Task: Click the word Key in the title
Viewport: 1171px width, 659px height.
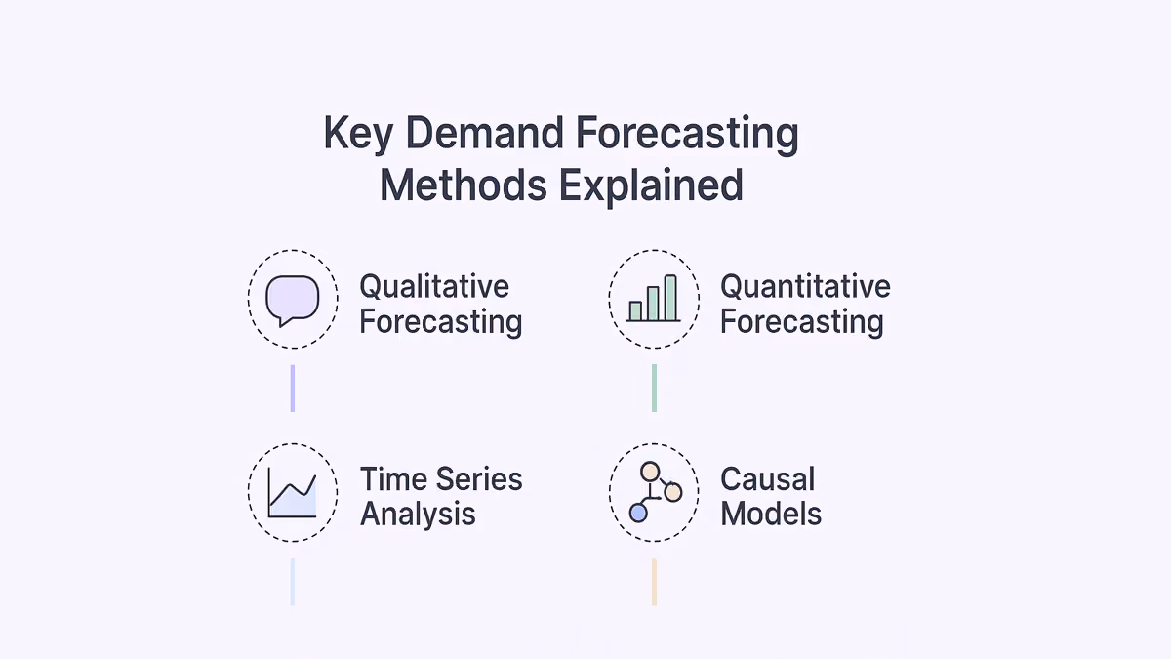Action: (x=358, y=134)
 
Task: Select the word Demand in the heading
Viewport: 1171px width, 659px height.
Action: (x=485, y=133)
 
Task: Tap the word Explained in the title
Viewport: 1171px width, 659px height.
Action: (x=651, y=186)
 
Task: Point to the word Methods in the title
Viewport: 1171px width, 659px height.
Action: (x=464, y=185)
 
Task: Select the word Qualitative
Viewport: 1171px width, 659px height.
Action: (x=434, y=288)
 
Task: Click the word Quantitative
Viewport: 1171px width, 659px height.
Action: (x=805, y=288)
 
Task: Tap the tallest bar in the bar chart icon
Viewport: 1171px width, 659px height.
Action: (x=670, y=298)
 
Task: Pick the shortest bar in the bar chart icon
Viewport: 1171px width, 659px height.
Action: (x=635, y=310)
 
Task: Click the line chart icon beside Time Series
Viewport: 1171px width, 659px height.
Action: (x=292, y=493)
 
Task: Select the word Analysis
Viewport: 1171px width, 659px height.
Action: (x=418, y=514)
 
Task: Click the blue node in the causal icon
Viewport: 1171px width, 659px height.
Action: (x=638, y=514)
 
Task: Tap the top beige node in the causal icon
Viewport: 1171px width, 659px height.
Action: (x=650, y=472)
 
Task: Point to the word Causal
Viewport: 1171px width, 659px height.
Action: (x=767, y=479)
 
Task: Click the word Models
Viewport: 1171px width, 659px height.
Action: (x=771, y=514)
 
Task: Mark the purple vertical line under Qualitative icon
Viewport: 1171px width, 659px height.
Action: (x=292, y=389)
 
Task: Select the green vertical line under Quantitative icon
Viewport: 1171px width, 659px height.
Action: (x=654, y=389)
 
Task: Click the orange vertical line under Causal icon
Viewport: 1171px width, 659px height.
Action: (x=654, y=583)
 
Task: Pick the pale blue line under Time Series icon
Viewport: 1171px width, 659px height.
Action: (x=292, y=583)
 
